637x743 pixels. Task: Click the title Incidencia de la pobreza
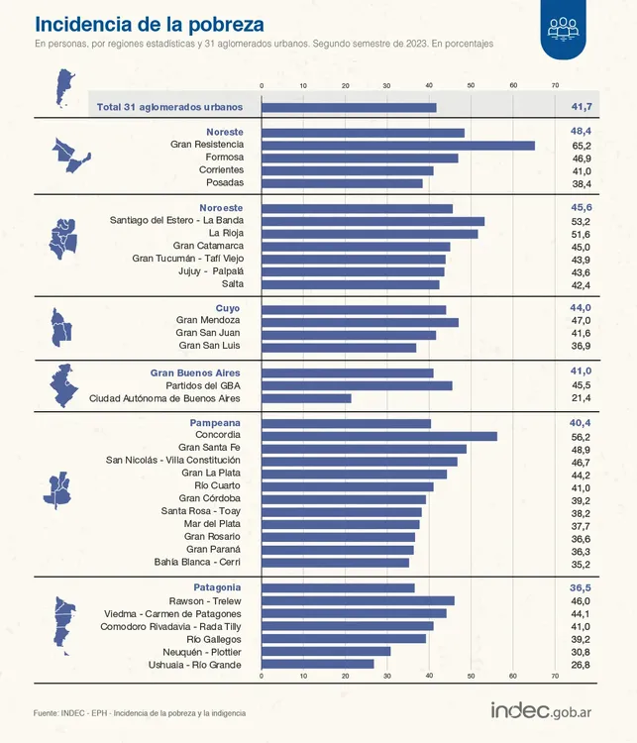click(150, 23)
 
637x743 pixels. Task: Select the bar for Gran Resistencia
click(398, 145)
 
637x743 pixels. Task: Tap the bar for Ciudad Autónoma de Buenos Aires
click(306, 398)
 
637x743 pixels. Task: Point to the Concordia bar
click(379, 436)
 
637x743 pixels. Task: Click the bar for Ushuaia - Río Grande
click(318, 664)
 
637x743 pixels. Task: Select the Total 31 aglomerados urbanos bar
click(349, 107)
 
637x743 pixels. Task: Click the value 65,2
click(581, 145)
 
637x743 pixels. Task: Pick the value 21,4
click(581, 398)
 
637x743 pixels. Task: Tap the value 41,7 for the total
click(582, 106)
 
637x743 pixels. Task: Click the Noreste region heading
click(224, 132)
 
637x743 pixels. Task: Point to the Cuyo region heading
click(228, 308)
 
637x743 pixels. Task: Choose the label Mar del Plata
click(211, 524)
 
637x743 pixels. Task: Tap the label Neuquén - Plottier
click(199, 652)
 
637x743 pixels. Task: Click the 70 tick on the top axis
click(556, 85)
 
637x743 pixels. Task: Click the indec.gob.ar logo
click(549, 711)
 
